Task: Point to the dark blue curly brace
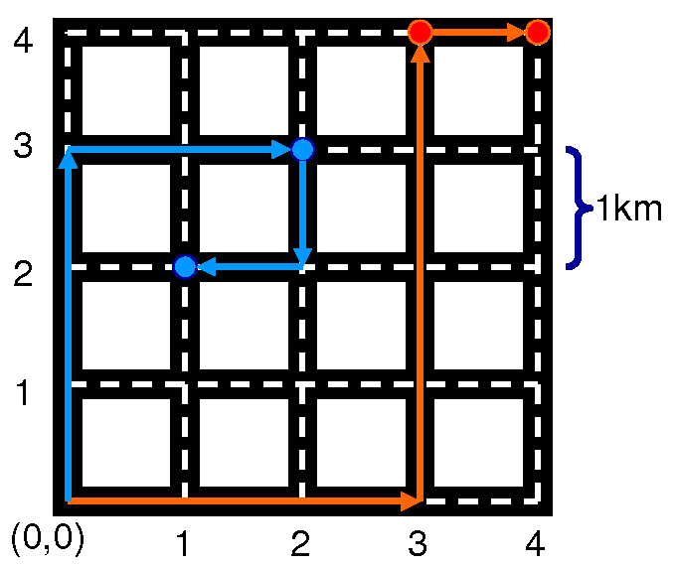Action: click(x=576, y=208)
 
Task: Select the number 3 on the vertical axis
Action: click(x=24, y=148)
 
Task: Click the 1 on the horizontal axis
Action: click(x=183, y=542)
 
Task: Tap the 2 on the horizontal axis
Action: click(x=300, y=542)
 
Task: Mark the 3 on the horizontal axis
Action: click(x=418, y=542)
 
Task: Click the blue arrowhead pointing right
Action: click(x=281, y=150)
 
